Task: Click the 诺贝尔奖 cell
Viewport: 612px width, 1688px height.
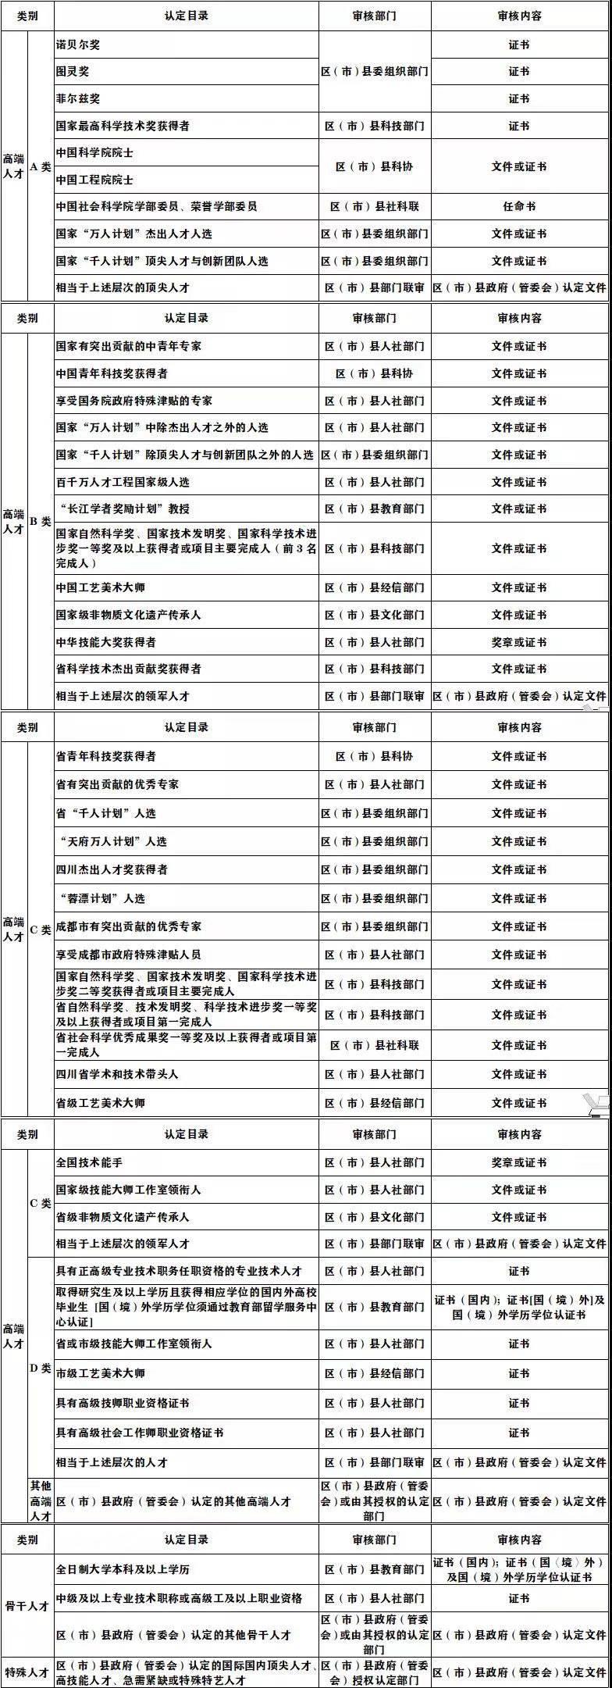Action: pos(78,45)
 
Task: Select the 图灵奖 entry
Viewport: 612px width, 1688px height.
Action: pos(73,71)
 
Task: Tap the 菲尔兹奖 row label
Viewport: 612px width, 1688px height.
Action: pos(78,98)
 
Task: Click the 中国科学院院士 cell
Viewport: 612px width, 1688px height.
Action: pos(94,152)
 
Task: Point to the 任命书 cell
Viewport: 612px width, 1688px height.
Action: pos(519,206)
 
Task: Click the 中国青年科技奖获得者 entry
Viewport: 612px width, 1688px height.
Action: pos(112,373)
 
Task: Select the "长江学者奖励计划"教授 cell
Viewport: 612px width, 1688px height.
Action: pos(123,509)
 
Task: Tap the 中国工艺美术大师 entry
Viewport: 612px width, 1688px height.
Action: pos(100,587)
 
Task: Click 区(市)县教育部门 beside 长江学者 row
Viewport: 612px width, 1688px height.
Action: pos(375,509)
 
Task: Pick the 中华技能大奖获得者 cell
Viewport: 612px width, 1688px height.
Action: pos(106,642)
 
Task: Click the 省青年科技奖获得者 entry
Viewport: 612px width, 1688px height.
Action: pos(106,756)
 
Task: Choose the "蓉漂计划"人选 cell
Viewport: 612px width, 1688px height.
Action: pos(101,898)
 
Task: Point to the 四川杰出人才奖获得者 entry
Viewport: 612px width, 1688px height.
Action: pos(112,869)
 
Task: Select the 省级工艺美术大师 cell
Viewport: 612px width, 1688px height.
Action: pos(100,1103)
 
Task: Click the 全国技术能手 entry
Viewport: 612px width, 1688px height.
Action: pos(89,1162)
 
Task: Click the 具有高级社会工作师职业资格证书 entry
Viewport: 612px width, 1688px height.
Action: pos(140,1433)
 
